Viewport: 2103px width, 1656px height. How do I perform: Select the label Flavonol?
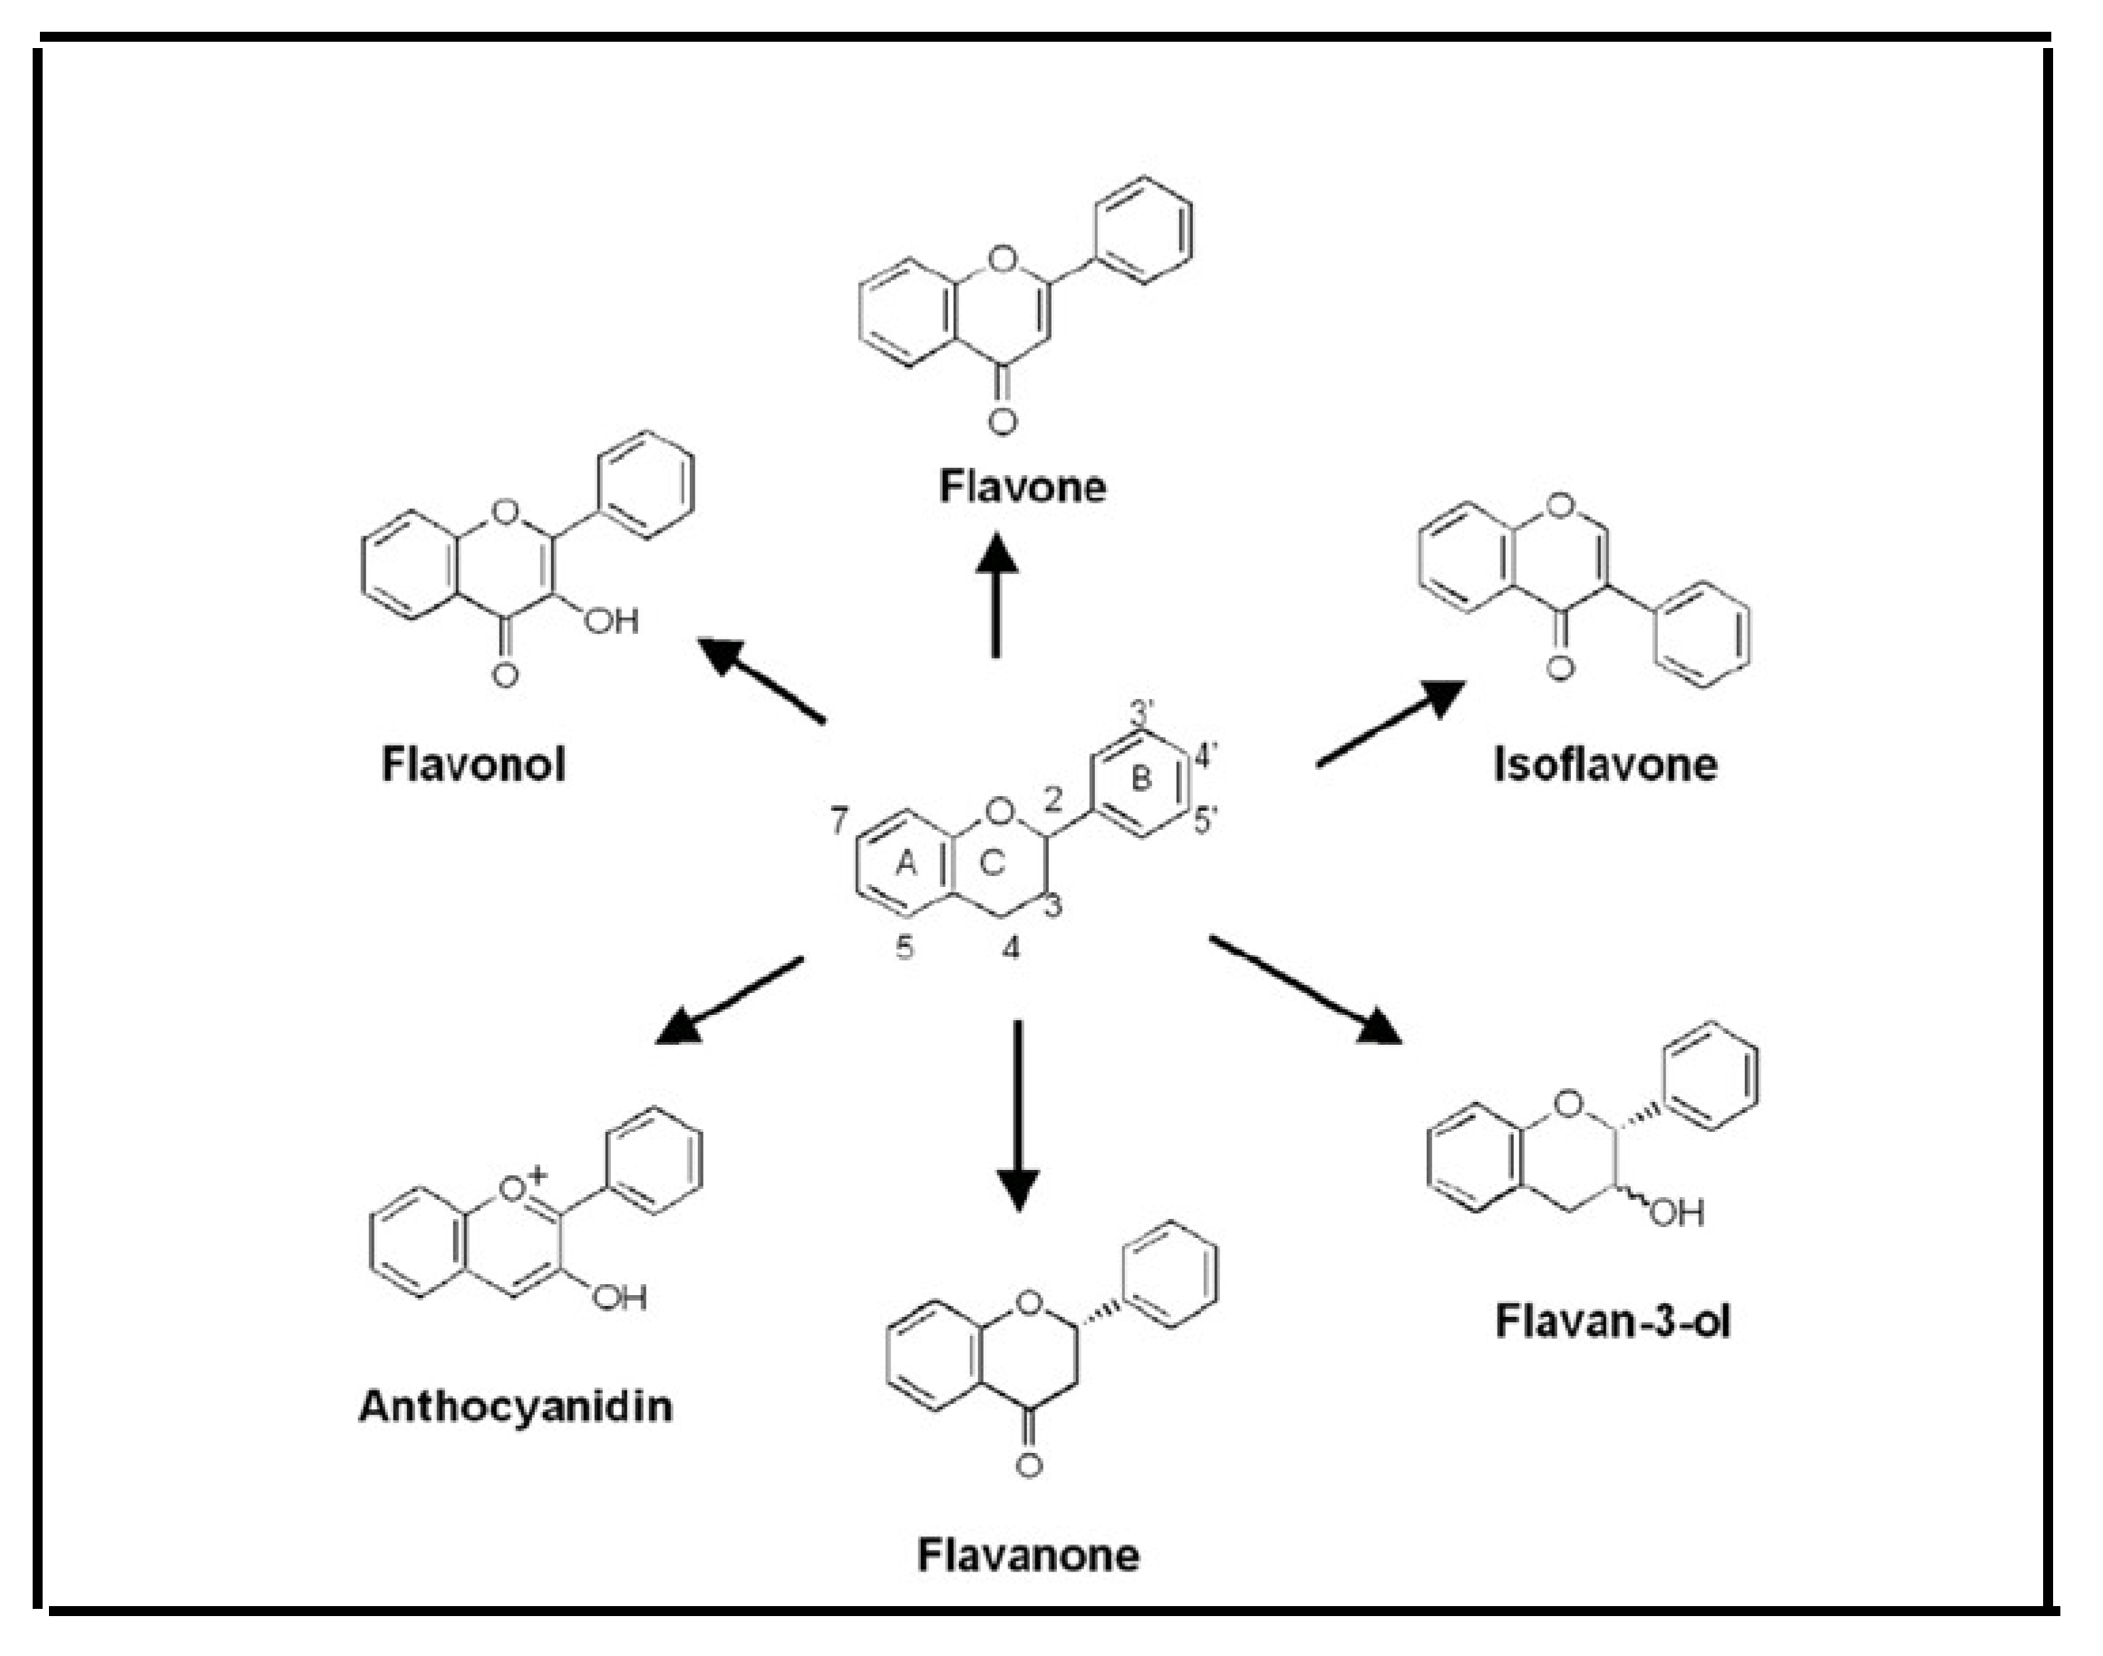tap(473, 765)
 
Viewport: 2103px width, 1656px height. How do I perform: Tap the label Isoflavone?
tap(1604, 765)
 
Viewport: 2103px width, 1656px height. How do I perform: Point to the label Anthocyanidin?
tap(516, 1407)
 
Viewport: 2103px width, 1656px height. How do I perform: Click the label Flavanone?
tap(1028, 1555)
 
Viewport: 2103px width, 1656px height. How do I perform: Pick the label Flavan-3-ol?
tap(1612, 1321)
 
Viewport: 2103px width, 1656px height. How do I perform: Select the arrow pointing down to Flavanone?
tap(1018, 1115)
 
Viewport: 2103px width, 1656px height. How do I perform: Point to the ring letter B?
tap(1141, 777)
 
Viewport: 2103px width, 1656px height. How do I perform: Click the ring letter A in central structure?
tap(906, 862)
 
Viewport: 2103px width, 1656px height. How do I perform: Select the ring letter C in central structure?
tap(992, 862)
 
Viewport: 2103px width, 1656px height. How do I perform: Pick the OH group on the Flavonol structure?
tap(612, 620)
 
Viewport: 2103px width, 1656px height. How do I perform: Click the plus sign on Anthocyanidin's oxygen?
tap(538, 1176)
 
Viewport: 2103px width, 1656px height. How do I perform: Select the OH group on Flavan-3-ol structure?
tap(1676, 1213)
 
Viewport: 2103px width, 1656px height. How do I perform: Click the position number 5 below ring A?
tap(904, 947)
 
